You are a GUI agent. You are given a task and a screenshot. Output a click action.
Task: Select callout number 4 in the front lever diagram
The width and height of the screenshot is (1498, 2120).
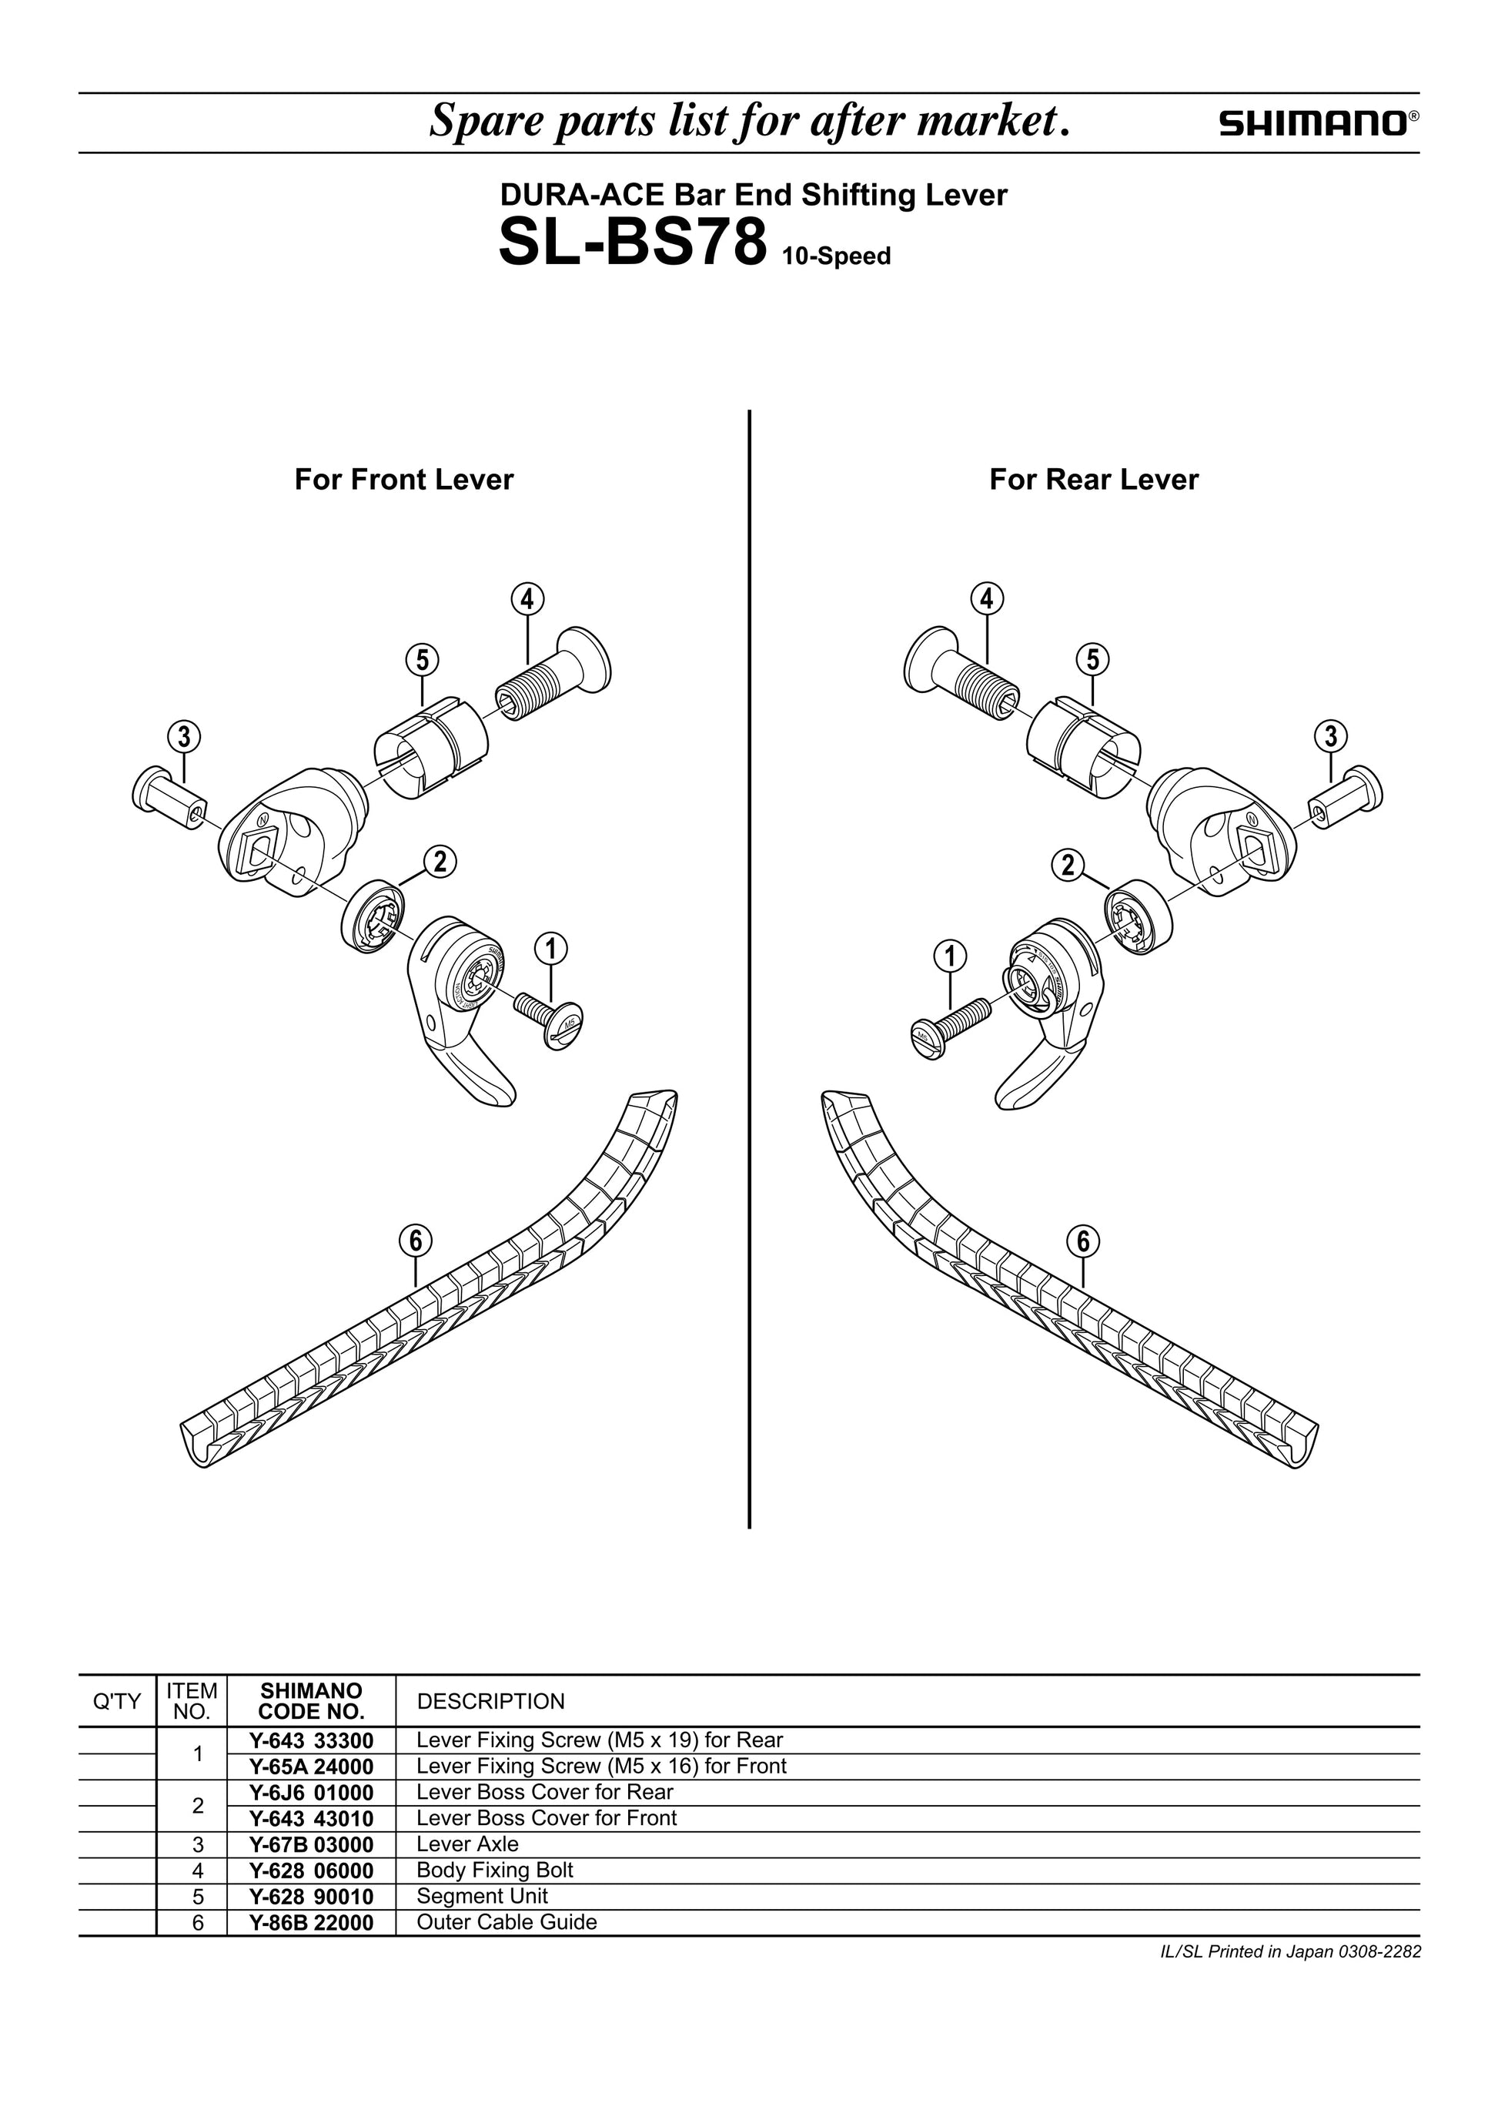coord(527,599)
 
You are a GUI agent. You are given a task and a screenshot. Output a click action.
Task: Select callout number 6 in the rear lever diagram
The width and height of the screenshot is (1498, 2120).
coord(1084,1242)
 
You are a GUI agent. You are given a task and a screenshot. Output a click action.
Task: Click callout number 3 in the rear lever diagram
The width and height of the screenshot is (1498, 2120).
coord(1330,737)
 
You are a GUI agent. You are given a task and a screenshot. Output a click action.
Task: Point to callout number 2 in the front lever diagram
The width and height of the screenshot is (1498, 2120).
coord(440,862)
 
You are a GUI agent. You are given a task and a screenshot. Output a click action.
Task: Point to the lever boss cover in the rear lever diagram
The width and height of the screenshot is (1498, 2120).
coord(1140,918)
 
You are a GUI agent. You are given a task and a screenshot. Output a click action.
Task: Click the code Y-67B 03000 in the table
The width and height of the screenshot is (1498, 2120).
coord(311,1844)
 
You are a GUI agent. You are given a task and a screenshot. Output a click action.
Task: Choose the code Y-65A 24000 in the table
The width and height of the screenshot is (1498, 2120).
coord(311,1767)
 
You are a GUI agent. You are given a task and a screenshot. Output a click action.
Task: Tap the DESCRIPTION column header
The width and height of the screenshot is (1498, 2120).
coord(490,1701)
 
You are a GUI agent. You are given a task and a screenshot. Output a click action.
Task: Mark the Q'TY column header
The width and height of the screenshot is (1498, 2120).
coord(117,1701)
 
